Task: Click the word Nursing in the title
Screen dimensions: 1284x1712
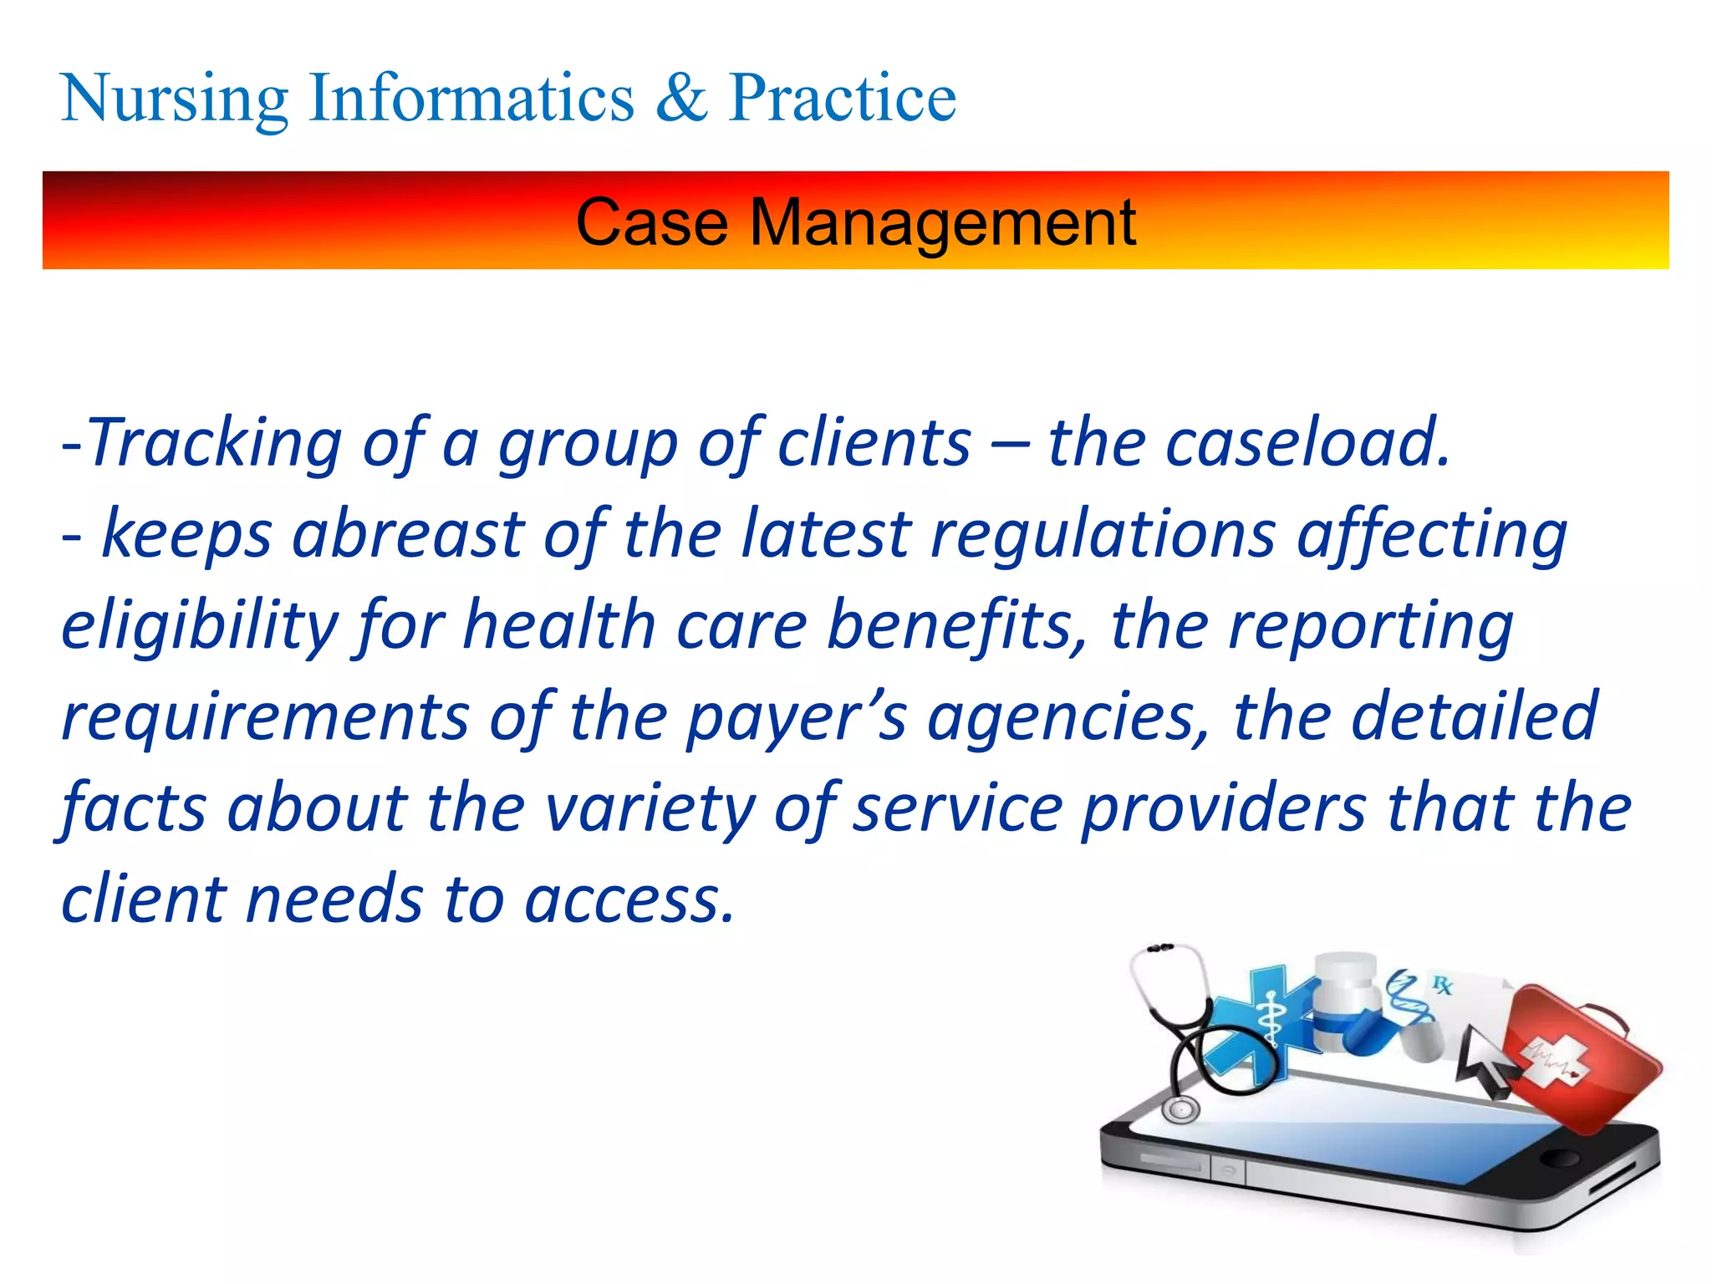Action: pyautogui.click(x=174, y=99)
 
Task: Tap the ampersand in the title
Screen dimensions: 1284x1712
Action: pyautogui.click(x=681, y=99)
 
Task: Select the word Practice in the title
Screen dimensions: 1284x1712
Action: pyautogui.click(x=842, y=99)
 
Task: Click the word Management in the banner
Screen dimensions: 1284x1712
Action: pyautogui.click(x=942, y=223)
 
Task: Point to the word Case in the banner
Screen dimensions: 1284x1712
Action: pyautogui.click(x=652, y=223)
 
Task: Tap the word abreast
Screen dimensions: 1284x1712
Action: pyautogui.click(x=407, y=535)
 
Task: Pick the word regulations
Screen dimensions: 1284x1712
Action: pyautogui.click(x=1103, y=535)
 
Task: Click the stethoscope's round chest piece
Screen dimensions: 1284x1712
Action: pyautogui.click(x=1180, y=1110)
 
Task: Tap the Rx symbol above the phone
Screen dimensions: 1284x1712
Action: pyautogui.click(x=1442, y=985)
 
